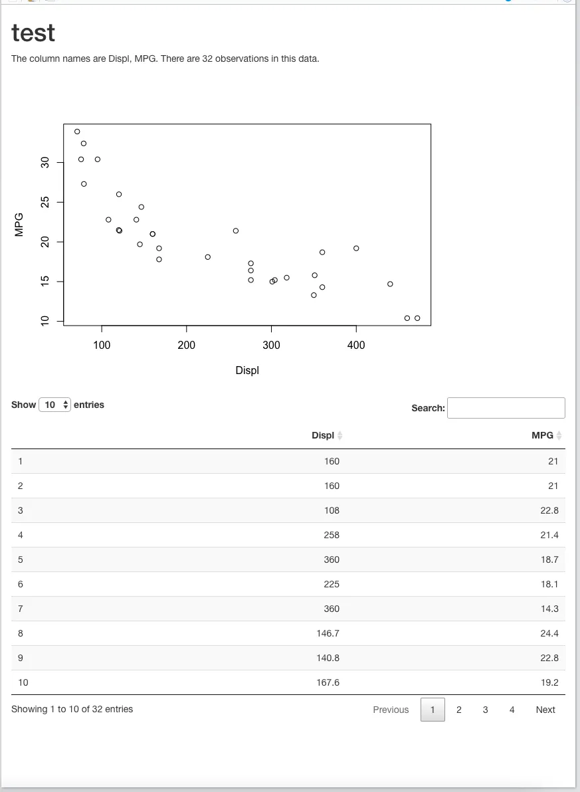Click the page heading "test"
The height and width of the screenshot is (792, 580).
tap(33, 33)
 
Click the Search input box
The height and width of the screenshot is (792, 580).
tap(506, 408)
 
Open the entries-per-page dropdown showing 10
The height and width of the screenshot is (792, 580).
tap(54, 405)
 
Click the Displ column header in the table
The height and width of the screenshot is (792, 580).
tap(323, 435)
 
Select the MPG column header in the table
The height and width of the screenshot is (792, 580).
tap(542, 435)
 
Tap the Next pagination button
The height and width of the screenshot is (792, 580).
tap(545, 710)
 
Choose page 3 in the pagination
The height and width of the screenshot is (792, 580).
tap(485, 710)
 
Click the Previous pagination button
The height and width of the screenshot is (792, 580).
tap(391, 710)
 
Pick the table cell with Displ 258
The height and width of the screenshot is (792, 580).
tap(332, 535)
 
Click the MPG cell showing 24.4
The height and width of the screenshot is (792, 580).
tap(549, 633)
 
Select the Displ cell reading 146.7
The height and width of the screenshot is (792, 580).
tap(328, 633)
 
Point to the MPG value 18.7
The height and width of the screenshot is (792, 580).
tap(549, 559)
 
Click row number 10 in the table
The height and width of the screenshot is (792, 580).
tap(23, 682)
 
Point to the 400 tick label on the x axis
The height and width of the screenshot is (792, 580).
tap(356, 345)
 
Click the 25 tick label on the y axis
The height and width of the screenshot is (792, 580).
tap(45, 202)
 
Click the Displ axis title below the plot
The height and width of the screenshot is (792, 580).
tap(247, 370)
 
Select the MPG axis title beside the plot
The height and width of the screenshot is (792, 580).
tap(19, 225)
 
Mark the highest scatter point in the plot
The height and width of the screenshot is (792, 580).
tap(77, 132)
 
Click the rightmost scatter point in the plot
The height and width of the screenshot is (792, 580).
tap(417, 318)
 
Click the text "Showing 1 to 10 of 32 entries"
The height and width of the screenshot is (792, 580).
tap(72, 710)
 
